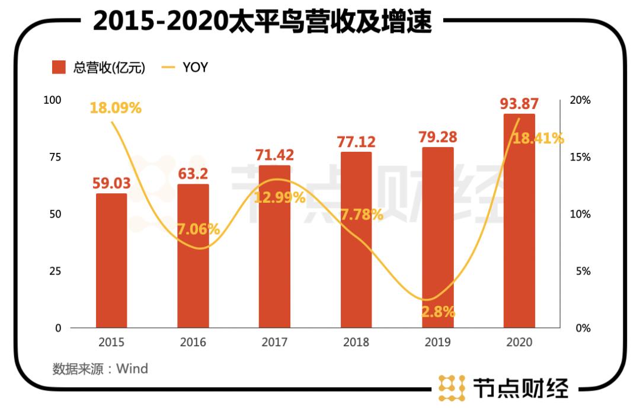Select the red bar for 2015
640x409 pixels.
click(111, 261)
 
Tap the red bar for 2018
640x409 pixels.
click(356, 240)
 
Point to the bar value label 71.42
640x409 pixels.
click(274, 155)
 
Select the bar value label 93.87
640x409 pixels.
click(519, 104)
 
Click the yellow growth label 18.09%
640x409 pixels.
click(116, 108)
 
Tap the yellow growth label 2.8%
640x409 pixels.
click(438, 312)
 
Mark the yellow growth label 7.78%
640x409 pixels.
click(361, 215)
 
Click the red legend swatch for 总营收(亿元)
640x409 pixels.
click(59, 68)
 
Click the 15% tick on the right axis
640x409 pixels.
click(580, 157)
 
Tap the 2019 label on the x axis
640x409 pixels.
click(437, 343)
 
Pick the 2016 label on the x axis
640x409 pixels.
click(193, 343)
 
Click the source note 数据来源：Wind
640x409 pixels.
click(100, 369)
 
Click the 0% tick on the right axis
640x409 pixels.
click(580, 328)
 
